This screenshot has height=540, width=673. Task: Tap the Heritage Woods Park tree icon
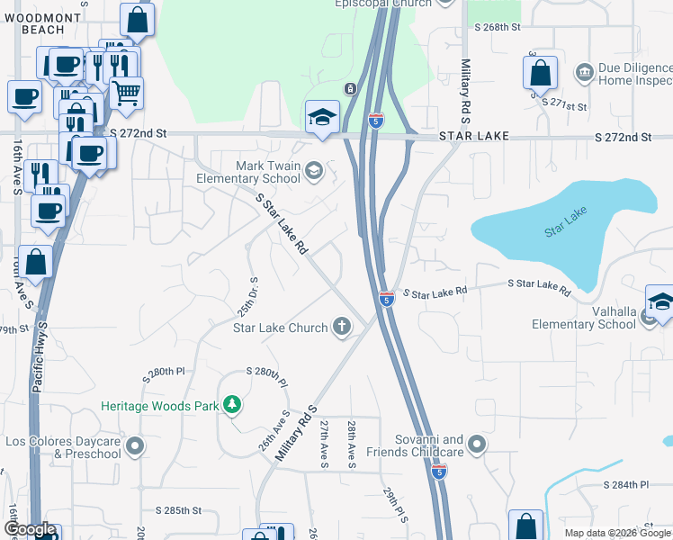point(232,406)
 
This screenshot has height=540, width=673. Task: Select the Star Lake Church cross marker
point(341,328)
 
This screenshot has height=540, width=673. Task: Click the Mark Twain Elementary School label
point(255,172)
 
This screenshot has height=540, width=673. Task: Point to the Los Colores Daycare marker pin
point(135,445)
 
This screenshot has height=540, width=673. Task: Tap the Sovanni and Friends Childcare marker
point(478,444)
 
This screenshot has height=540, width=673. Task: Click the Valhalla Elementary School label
point(583,324)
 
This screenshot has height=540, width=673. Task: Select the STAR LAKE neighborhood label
point(474,136)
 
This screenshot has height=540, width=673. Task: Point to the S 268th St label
point(498,27)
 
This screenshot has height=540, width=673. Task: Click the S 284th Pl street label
point(626,484)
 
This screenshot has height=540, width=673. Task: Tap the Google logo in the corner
point(30,529)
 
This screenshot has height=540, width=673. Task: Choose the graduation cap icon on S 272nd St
point(322,117)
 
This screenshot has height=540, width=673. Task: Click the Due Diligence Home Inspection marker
point(585,70)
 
